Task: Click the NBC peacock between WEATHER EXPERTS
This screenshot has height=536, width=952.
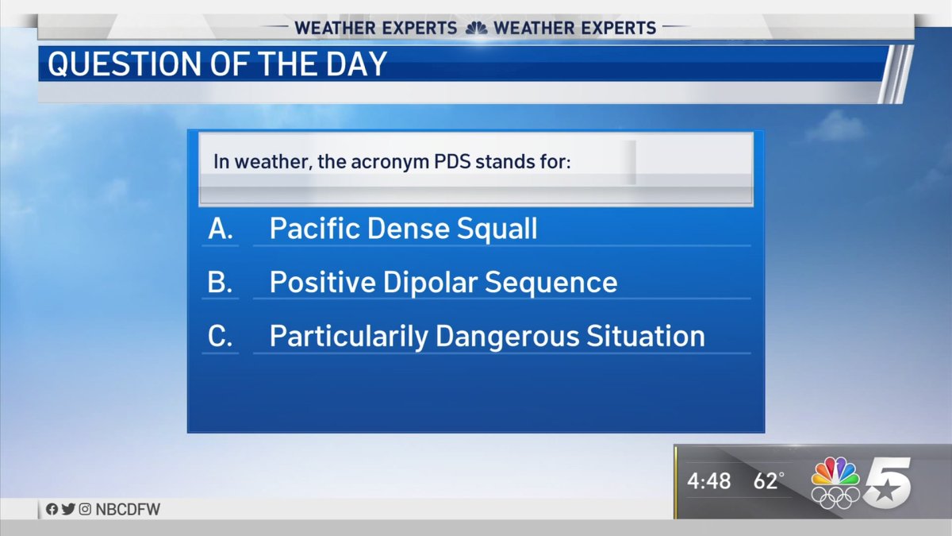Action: [x=475, y=28]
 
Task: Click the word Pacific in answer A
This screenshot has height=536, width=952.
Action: [x=313, y=229]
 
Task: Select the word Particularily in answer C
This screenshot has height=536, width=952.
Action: [x=348, y=337]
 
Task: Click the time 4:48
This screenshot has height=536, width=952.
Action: [x=708, y=481]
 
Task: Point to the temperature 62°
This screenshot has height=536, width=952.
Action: [x=767, y=481]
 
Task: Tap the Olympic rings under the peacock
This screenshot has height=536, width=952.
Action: [x=835, y=498]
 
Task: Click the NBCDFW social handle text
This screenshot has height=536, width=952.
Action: [x=129, y=510]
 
